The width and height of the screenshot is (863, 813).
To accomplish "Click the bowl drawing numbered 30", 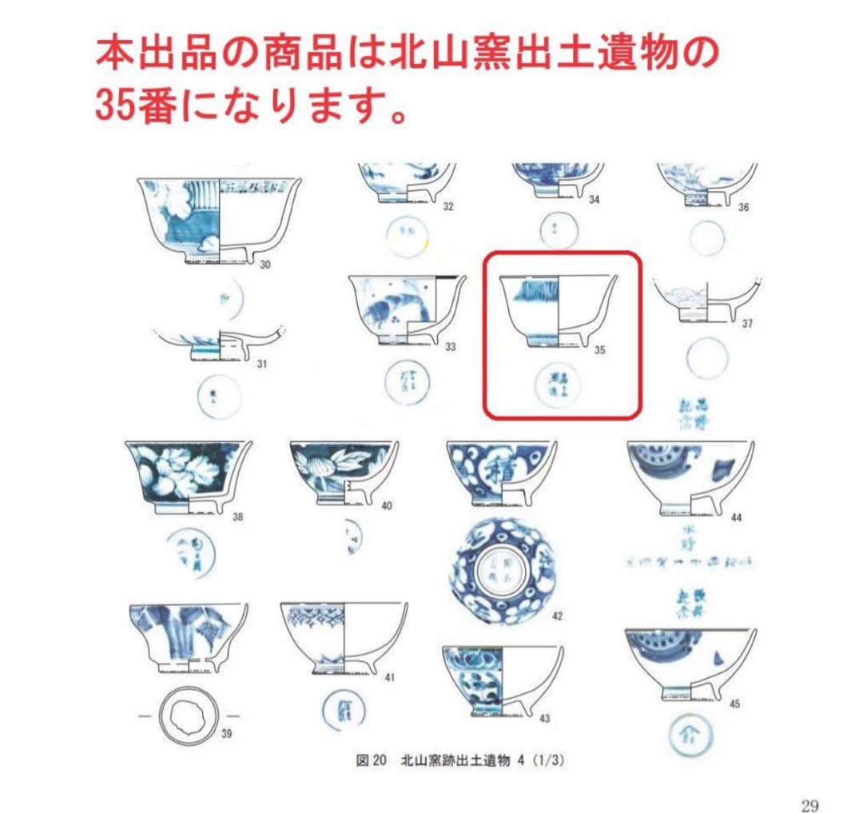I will point(220,217).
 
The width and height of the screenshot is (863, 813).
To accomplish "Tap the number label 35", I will point(600,350).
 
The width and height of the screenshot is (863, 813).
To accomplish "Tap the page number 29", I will point(809,805).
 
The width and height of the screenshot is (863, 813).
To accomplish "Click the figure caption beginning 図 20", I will point(461,761).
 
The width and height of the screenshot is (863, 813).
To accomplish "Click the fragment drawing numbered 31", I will point(220,344).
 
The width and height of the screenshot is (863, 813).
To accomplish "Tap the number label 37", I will point(746,324).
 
